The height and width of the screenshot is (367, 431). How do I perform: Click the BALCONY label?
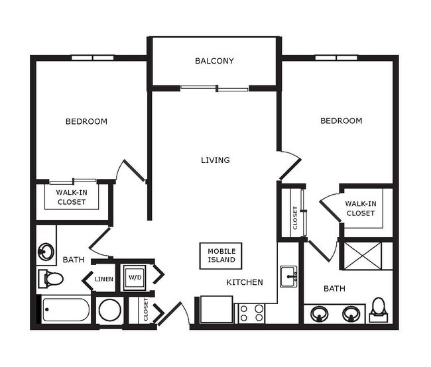214,62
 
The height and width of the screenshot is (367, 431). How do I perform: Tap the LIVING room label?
215,160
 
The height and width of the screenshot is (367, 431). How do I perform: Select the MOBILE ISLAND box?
221,256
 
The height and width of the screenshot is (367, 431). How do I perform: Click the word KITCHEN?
245,282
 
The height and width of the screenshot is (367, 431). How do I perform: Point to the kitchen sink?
288,276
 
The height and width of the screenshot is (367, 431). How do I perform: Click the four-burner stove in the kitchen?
251,313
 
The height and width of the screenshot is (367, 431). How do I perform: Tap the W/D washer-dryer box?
135,276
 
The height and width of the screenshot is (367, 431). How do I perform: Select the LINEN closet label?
104,279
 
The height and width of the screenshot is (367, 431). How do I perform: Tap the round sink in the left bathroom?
46,252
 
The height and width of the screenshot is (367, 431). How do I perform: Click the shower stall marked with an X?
361,256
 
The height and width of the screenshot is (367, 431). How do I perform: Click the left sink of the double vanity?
320,313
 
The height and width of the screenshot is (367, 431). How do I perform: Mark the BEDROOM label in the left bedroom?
86,121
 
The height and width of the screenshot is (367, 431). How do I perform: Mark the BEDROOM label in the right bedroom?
341,121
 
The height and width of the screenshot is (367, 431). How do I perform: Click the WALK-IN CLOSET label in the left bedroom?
71,197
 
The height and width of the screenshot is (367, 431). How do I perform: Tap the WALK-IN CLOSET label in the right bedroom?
360,209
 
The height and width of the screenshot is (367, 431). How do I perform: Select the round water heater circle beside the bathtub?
109,311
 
